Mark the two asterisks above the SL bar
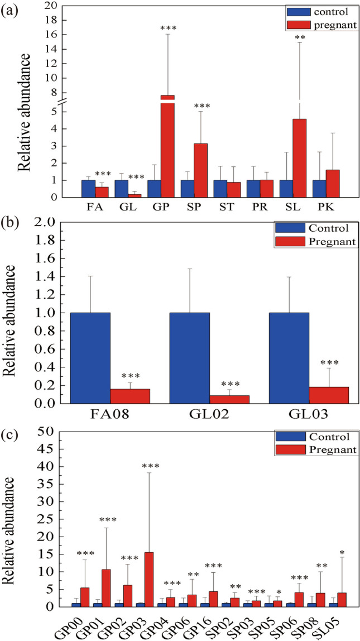coord(300,38)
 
